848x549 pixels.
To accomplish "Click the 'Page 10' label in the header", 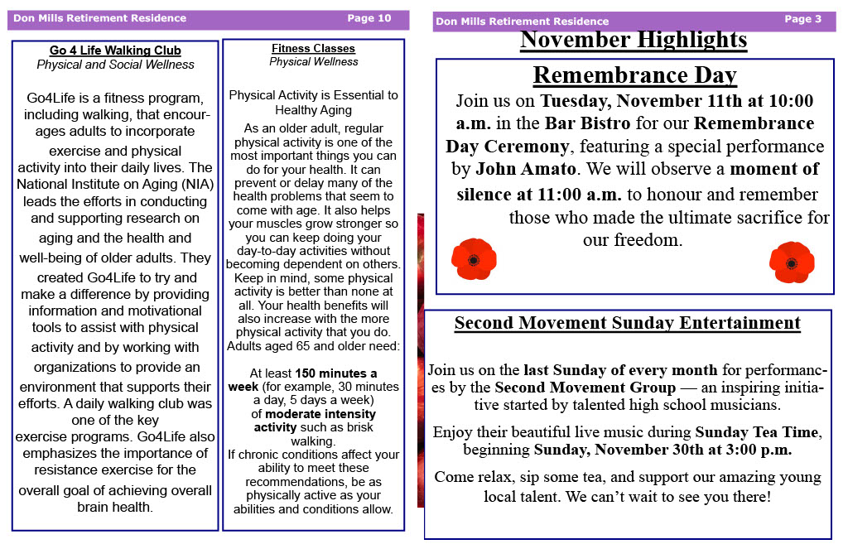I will click(369, 18).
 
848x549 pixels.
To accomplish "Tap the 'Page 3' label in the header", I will click(802, 19).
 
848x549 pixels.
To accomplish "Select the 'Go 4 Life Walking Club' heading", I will click(115, 51).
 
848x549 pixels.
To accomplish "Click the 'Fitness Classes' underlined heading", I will click(313, 49).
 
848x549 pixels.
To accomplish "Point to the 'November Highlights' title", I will click(634, 40).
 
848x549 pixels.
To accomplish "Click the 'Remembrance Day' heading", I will click(634, 75).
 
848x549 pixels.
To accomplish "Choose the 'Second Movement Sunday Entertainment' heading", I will click(627, 323).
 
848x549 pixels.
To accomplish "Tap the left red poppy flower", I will click(474, 259).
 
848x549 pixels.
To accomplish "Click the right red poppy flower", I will click(791, 262).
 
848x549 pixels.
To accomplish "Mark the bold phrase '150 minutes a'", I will click(335, 373).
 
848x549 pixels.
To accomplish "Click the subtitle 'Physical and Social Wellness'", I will click(115, 65).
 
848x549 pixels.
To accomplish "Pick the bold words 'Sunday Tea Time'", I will click(756, 432).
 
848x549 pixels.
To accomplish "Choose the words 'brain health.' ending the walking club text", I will click(115, 508).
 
